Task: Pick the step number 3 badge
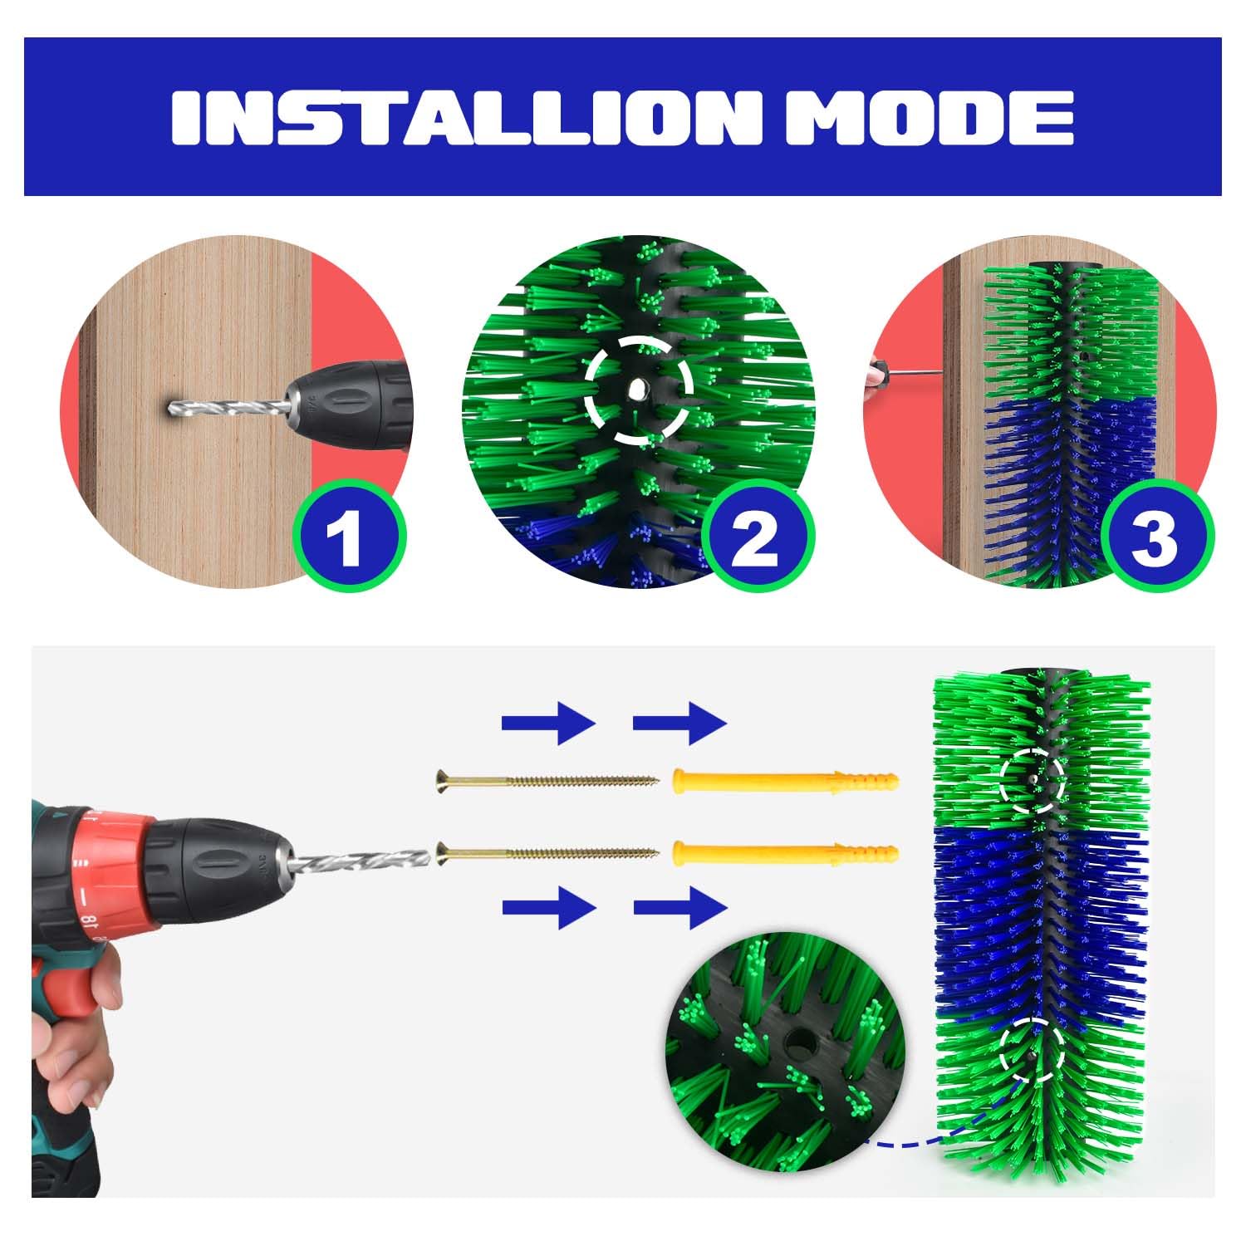tap(1154, 535)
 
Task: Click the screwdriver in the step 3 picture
tap(905, 372)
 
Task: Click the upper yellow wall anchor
tap(785, 781)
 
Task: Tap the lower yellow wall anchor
tap(785, 852)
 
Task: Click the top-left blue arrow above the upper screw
tap(549, 723)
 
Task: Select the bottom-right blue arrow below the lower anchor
tap(680, 907)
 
